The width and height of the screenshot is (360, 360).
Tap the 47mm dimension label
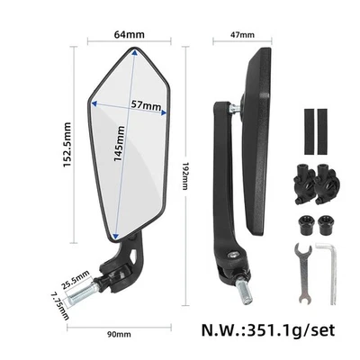pyautogui.click(x=242, y=35)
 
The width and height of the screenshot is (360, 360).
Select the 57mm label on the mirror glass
pyautogui.click(x=147, y=106)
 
